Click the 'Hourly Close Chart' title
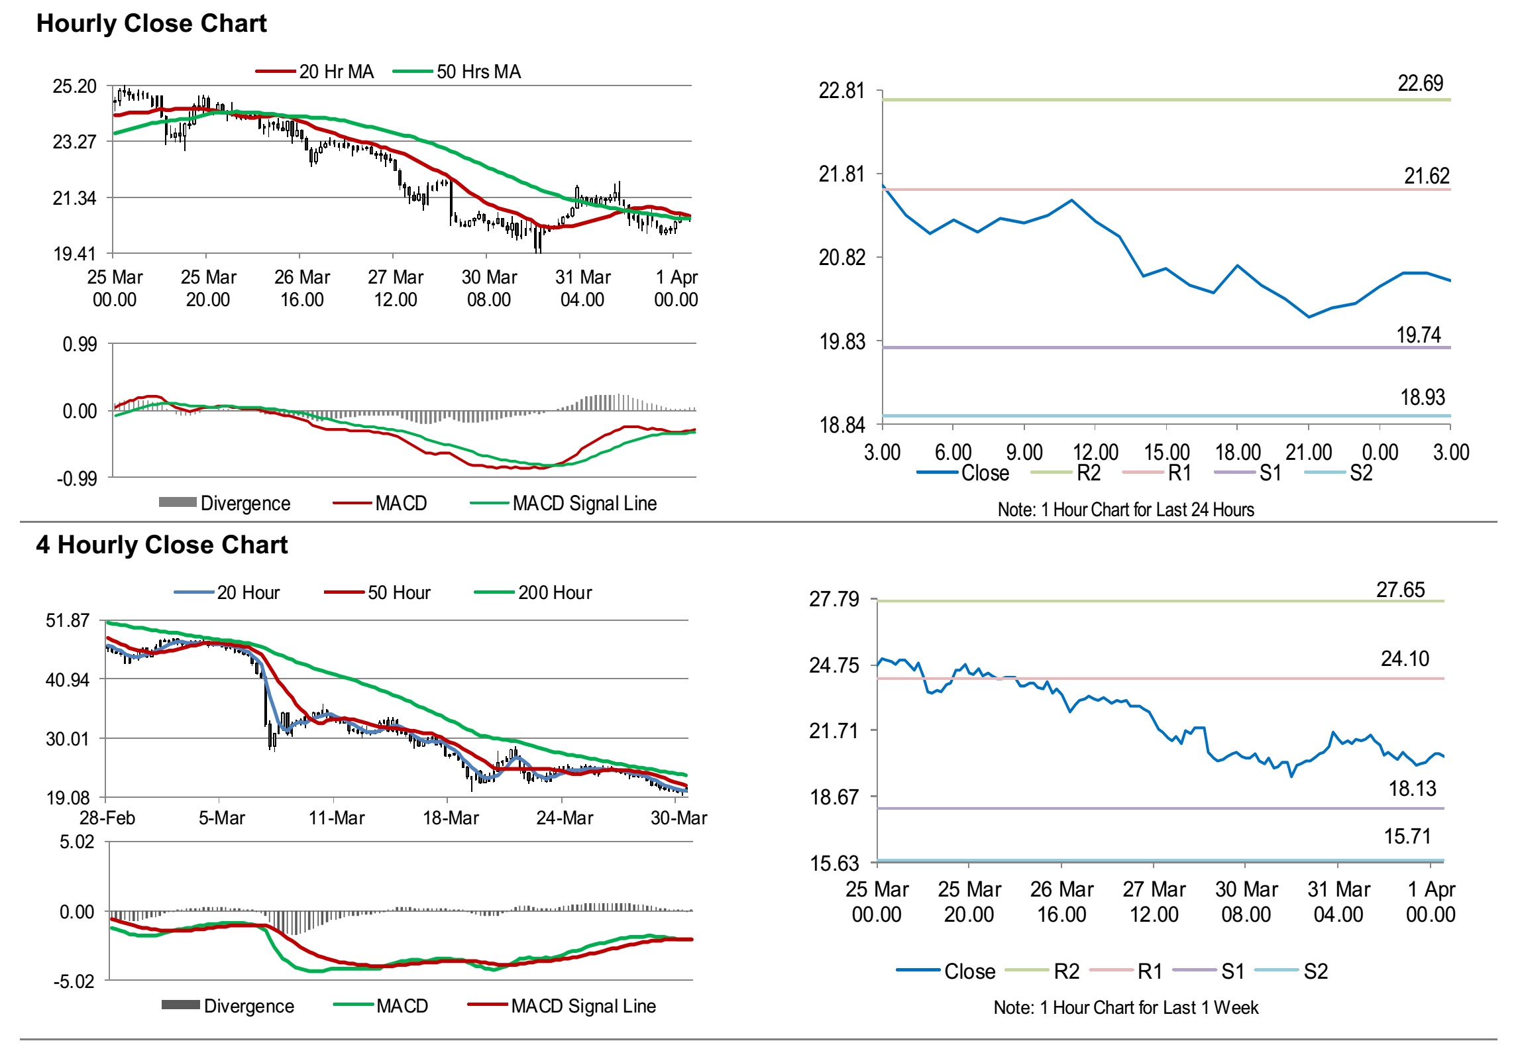[x=151, y=24]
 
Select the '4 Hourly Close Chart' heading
[x=162, y=545]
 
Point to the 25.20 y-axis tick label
[x=74, y=86]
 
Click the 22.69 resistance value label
[x=1420, y=83]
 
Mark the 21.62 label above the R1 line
[x=1427, y=176]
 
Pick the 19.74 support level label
[x=1419, y=335]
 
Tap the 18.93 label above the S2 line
[x=1422, y=398]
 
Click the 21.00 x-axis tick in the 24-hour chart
[x=1309, y=453]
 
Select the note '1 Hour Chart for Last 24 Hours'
[x=1126, y=510]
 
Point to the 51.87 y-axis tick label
[x=67, y=621]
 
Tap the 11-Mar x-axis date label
[x=337, y=818]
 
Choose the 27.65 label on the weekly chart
[x=1400, y=590]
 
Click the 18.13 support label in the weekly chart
[x=1412, y=789]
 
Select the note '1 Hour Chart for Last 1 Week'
[x=1126, y=1008]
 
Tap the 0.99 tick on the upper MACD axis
[x=80, y=345]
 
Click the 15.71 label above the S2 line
[x=1407, y=836]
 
